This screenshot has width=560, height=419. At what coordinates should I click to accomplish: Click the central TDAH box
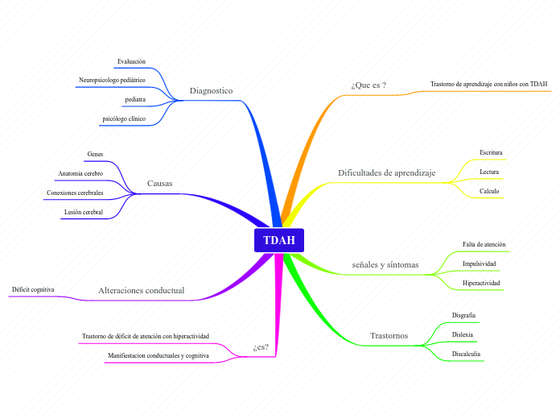click(x=279, y=240)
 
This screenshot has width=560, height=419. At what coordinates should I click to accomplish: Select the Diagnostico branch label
click(x=211, y=91)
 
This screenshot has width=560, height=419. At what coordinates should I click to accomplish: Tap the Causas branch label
click(x=159, y=184)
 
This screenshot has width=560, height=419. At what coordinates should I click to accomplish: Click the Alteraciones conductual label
click(x=141, y=290)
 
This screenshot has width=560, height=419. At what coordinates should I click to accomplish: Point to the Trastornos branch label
click(x=389, y=335)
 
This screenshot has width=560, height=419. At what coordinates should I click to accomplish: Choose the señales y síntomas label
click(x=385, y=264)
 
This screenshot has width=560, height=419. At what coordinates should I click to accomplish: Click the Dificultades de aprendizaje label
click(x=386, y=172)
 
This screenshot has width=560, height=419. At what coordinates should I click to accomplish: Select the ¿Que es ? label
click(x=369, y=85)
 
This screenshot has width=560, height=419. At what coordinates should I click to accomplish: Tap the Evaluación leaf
click(x=131, y=61)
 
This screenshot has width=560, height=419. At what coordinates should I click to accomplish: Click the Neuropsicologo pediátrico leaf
click(x=112, y=80)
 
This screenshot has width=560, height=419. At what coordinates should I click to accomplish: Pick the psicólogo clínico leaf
click(x=124, y=118)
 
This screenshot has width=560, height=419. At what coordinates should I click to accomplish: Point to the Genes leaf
click(x=95, y=154)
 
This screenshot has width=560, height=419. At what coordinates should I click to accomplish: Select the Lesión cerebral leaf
click(x=84, y=212)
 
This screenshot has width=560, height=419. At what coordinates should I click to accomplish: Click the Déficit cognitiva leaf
click(x=33, y=288)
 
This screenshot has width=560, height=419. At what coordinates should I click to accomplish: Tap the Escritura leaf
click(x=491, y=151)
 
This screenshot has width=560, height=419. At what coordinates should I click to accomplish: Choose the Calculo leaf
click(x=489, y=191)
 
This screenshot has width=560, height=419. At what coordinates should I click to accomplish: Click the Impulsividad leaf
click(x=479, y=263)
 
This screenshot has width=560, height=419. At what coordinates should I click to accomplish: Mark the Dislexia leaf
click(x=463, y=334)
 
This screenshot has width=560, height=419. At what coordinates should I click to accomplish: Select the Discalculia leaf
click(x=467, y=354)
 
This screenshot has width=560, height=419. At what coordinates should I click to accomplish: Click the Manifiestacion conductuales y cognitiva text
click(x=159, y=355)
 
